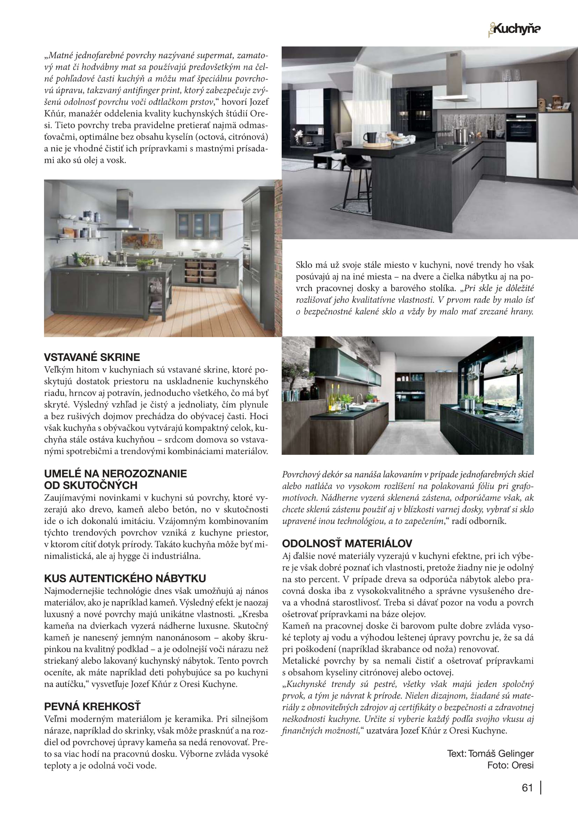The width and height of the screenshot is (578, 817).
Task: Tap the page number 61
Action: [527, 788]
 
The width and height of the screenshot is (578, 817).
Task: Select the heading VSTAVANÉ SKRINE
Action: [92, 357]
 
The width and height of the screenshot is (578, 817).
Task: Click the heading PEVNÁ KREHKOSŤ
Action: [92, 706]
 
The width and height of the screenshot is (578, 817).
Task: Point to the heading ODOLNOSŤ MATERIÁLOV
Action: [347, 544]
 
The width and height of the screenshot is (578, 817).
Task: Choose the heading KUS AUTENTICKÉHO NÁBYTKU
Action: [125, 578]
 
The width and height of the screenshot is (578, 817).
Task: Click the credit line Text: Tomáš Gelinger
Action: [490, 753]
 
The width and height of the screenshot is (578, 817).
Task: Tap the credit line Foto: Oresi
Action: [510, 765]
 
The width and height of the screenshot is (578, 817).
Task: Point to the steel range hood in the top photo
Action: [455, 82]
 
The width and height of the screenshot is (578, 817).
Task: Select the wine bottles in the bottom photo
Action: [335, 395]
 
